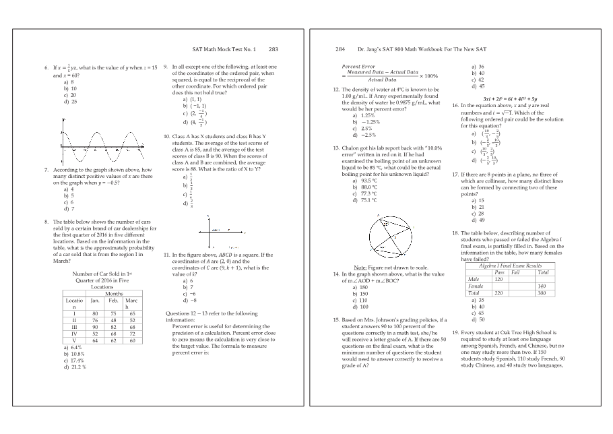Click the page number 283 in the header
pos(273,49)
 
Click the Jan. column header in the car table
pos(95,300)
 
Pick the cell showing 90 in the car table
pos(95,327)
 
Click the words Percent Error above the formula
pos(358,66)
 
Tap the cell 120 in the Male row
pos(498,278)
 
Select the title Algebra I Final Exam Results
pos(509,266)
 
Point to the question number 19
pos(455,333)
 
